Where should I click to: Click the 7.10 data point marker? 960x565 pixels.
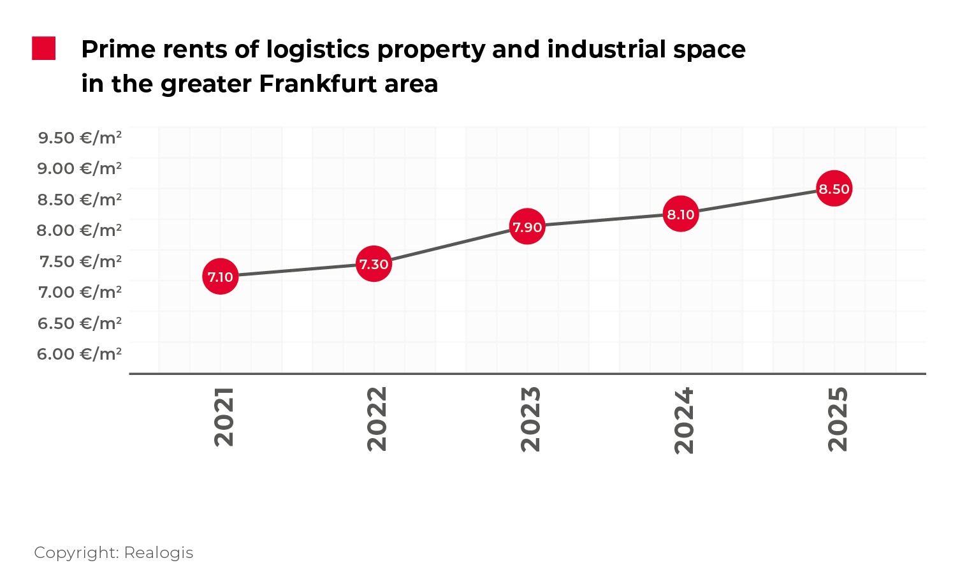(x=221, y=277)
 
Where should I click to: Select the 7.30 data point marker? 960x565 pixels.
(x=374, y=264)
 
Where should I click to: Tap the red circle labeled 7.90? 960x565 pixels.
(x=527, y=226)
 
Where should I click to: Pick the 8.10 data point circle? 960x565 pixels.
(x=681, y=214)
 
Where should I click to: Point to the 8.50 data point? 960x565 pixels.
(x=834, y=189)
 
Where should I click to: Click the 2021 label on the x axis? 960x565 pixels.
(x=224, y=417)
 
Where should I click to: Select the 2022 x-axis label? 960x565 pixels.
(x=377, y=419)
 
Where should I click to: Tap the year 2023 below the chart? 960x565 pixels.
(x=530, y=419)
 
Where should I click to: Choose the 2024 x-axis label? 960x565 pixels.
(x=684, y=420)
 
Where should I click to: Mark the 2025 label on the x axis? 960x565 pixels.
(x=838, y=419)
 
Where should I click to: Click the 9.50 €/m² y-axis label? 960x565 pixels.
(x=80, y=138)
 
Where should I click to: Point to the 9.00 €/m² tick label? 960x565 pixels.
(x=80, y=168)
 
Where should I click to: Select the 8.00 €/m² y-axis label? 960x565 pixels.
(x=80, y=230)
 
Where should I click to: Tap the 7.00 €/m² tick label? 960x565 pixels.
(x=80, y=292)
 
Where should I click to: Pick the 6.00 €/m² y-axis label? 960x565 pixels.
(x=80, y=354)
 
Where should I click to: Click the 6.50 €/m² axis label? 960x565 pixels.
(x=80, y=323)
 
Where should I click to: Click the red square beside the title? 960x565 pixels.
(x=44, y=48)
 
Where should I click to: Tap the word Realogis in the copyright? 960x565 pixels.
(x=159, y=552)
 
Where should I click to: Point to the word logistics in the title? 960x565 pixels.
(x=317, y=50)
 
